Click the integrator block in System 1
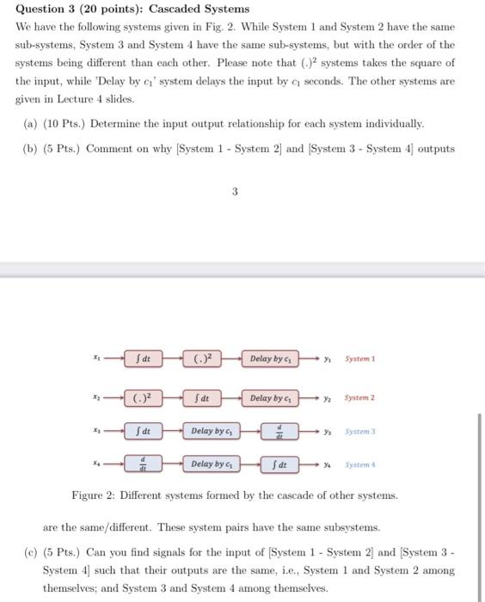146,358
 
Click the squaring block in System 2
146,398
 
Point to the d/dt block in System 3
278,431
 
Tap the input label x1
99,357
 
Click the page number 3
234,193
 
